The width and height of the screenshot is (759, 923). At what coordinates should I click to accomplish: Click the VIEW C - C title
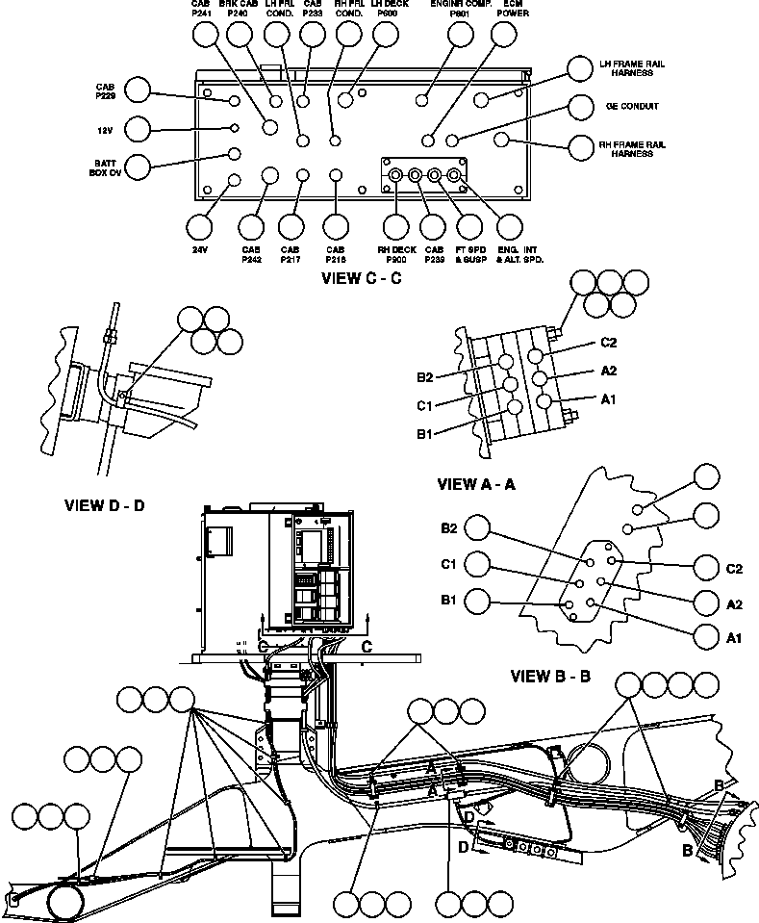[x=361, y=279]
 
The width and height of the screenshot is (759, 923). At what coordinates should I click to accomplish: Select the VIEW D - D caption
[x=104, y=504]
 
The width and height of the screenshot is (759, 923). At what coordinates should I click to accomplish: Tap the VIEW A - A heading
[x=475, y=484]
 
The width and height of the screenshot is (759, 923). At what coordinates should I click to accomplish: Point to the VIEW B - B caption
[x=550, y=676]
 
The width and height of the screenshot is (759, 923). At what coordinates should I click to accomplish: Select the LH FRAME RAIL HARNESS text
[x=632, y=68]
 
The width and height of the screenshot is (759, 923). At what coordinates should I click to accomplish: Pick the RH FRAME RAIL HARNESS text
[x=632, y=148]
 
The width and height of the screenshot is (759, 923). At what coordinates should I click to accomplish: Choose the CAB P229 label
[x=105, y=91]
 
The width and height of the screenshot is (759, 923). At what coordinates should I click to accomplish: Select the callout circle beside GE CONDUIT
[x=580, y=106]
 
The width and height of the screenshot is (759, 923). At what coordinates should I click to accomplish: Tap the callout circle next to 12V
[x=139, y=129]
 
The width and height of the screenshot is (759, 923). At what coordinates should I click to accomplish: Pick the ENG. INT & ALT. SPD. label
[x=514, y=254]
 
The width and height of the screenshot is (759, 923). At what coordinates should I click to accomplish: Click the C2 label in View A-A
[x=608, y=343]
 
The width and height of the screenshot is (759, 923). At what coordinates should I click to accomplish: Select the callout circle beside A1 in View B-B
[x=707, y=637]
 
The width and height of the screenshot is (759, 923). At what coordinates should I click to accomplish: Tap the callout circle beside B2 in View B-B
[x=477, y=526]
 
